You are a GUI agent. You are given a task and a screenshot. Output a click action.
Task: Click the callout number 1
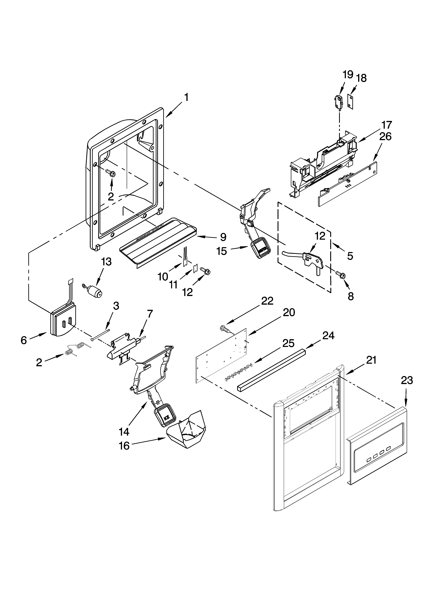186,98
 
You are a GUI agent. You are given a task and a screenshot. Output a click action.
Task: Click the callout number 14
124,431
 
